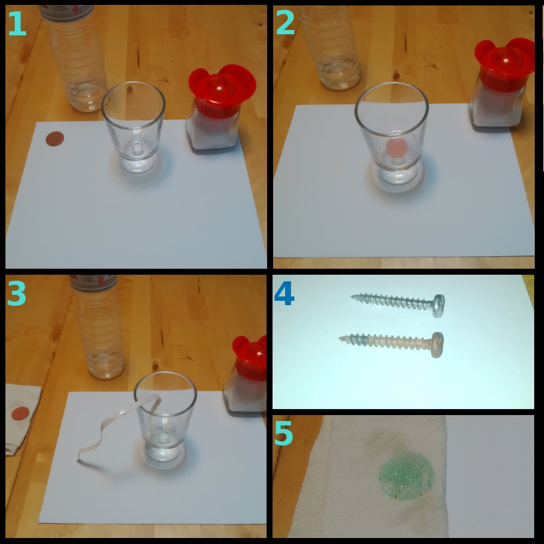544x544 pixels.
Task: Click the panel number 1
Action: [x=17, y=23]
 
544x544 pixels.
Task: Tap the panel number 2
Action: [x=285, y=22]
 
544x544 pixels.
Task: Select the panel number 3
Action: [x=17, y=293]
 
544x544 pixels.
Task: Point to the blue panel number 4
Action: [x=284, y=294]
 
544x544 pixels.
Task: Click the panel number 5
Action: [x=284, y=434]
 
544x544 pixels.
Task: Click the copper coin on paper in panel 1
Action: [x=55, y=139]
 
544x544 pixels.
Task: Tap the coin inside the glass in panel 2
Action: [x=397, y=147]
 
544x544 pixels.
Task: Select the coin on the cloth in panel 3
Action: [x=21, y=413]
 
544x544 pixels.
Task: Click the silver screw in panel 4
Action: [x=398, y=302]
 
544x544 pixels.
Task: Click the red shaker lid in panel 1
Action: [x=222, y=91]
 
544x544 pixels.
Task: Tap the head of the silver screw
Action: [x=438, y=306]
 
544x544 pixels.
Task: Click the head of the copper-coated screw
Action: [x=438, y=345]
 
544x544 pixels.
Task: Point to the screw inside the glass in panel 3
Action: [x=166, y=430]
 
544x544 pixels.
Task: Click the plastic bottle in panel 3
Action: [x=98, y=326]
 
